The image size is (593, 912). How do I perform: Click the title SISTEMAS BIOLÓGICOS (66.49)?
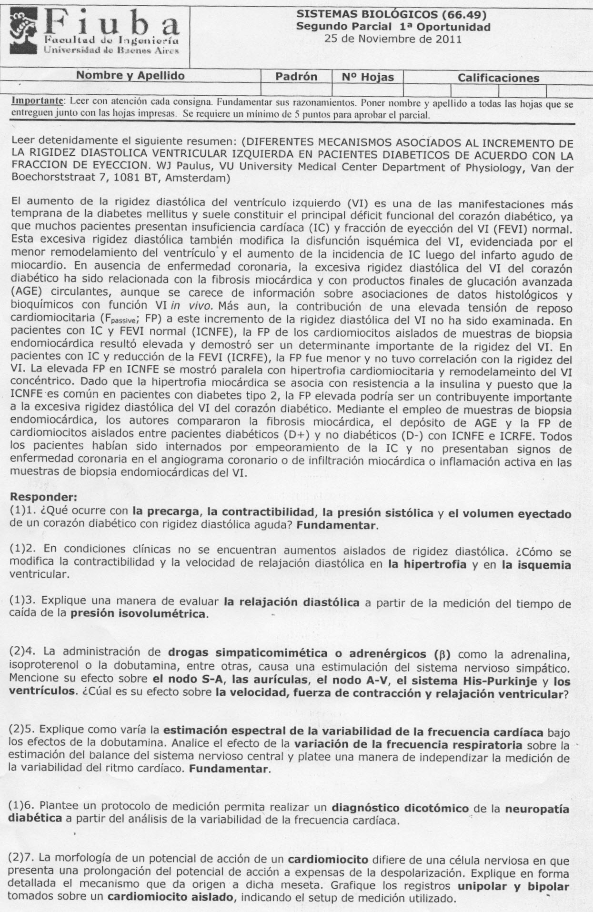392,16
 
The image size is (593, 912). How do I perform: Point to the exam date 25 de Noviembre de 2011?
392,39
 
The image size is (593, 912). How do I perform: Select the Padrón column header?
296,77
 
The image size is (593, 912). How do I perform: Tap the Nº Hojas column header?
368,77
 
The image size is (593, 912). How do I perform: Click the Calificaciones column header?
498,78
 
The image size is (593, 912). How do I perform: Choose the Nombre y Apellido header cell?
130,76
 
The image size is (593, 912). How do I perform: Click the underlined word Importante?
38,101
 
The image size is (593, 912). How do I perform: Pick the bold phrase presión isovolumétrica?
138,613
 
